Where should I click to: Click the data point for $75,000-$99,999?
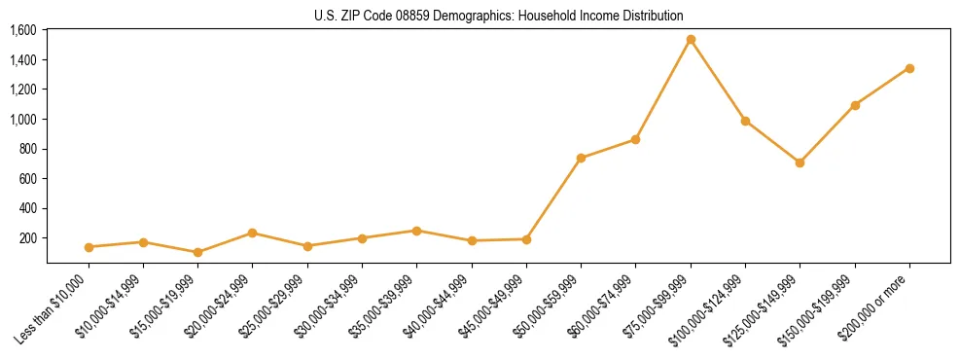click(691, 40)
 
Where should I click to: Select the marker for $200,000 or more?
click(909, 68)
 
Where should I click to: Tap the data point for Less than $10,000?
click(89, 247)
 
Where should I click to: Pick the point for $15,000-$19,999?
click(197, 252)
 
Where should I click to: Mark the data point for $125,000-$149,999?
click(800, 162)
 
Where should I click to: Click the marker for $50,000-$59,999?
click(581, 158)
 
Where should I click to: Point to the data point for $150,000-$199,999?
click(855, 105)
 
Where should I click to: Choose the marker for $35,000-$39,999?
click(416, 231)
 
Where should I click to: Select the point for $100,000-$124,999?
click(745, 121)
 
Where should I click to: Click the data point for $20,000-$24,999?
click(252, 233)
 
